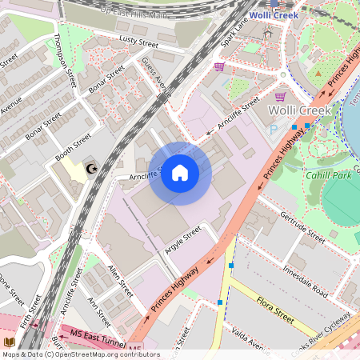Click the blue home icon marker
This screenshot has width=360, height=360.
(x=180, y=173)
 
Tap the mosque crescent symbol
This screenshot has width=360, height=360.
(x=92, y=168)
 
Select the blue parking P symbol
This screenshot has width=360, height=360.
(x=274, y=129)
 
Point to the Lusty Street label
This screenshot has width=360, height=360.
(x=138, y=40)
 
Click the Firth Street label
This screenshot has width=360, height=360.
(x=32, y=313)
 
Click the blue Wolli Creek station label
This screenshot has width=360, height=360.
(x=275, y=15)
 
